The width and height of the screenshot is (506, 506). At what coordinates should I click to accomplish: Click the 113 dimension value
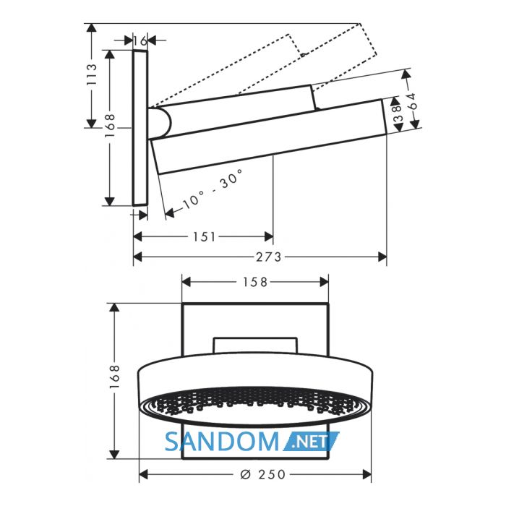pyautogui.click(x=92, y=74)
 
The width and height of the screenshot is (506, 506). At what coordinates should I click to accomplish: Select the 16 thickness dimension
pyautogui.click(x=140, y=41)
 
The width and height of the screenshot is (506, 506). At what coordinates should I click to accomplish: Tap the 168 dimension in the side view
pyautogui.click(x=111, y=126)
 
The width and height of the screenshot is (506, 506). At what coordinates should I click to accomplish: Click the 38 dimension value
pyautogui.click(x=398, y=113)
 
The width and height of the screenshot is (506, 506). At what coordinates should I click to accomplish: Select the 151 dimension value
pyautogui.click(x=204, y=237)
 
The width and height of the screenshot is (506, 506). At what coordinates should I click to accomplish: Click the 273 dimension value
pyautogui.click(x=269, y=257)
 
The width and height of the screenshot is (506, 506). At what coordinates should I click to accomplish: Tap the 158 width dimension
pyautogui.click(x=255, y=283)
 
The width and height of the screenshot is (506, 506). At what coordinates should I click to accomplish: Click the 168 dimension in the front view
pyautogui.click(x=114, y=377)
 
